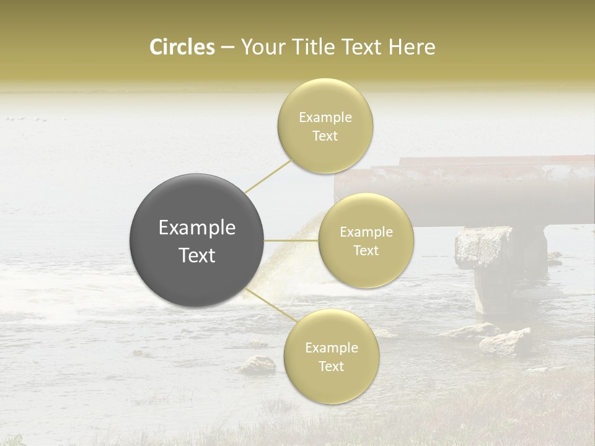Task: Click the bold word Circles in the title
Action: [x=182, y=47]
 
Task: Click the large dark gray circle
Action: [x=196, y=240]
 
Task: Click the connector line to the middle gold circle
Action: [x=291, y=240]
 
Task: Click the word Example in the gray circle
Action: [x=197, y=228]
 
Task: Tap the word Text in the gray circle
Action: [x=197, y=255]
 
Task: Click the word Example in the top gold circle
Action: [x=325, y=118]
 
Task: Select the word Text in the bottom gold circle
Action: [x=331, y=366]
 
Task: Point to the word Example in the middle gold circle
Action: [x=366, y=232]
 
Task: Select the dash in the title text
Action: [x=227, y=47]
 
